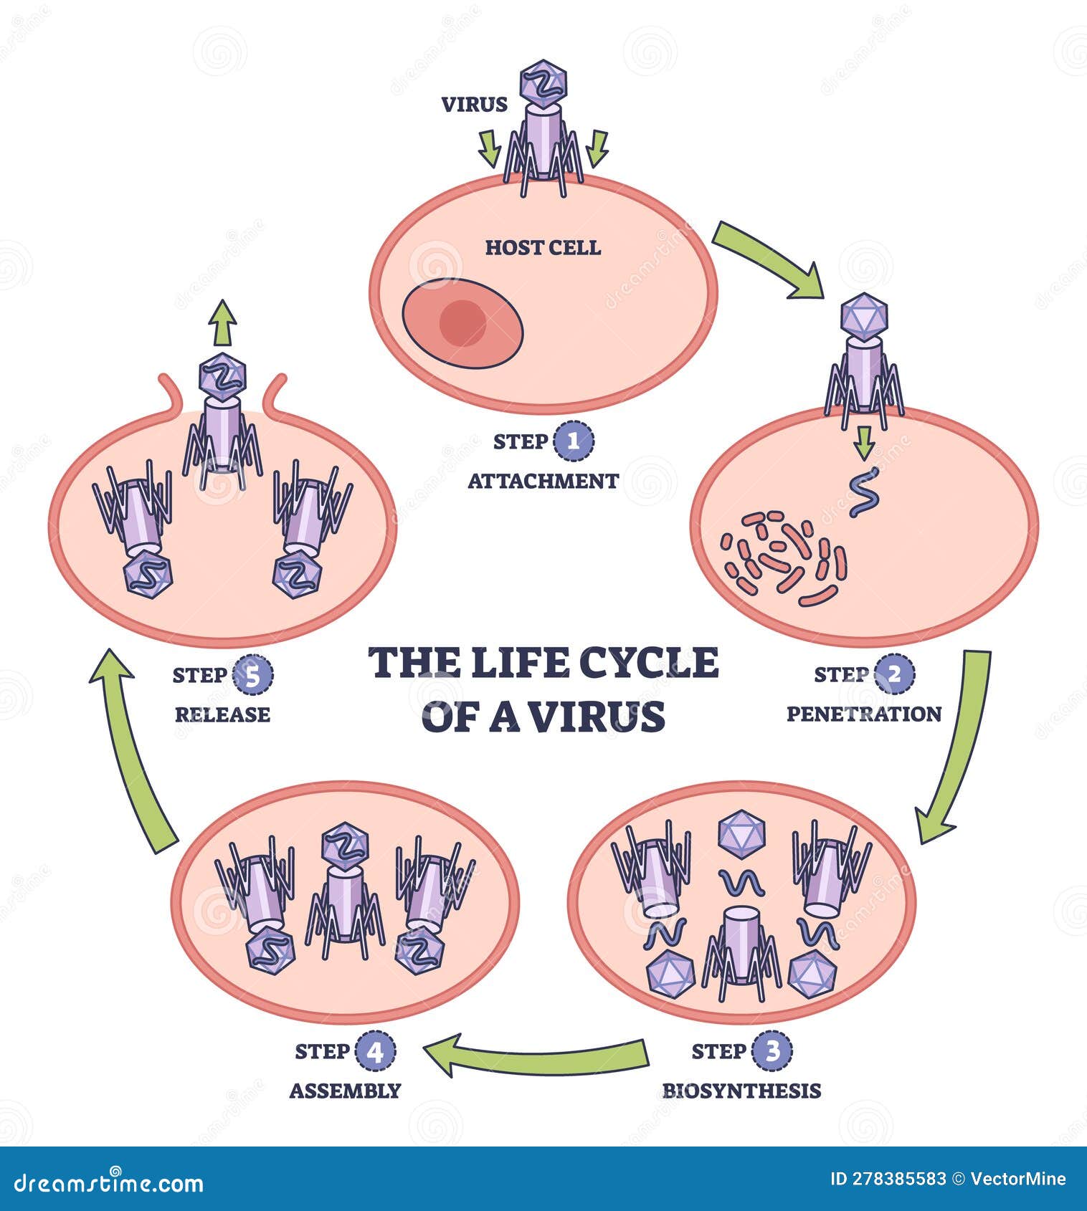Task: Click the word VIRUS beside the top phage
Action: coord(474,105)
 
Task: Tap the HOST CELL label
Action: coord(543,248)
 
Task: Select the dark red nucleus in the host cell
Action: coord(462,322)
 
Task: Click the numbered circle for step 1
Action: coord(574,441)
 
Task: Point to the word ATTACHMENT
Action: coord(543,481)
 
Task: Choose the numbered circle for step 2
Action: coord(894,674)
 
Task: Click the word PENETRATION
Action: coord(864,714)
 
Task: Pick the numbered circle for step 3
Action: coord(772,1051)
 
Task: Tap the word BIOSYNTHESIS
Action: coord(741,1091)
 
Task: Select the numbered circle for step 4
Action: coord(375,1051)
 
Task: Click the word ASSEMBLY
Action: coord(345,1091)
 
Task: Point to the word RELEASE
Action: coord(222,714)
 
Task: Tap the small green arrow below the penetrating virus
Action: coord(865,442)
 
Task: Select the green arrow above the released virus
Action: coord(223,322)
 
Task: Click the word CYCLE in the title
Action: coord(648,662)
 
